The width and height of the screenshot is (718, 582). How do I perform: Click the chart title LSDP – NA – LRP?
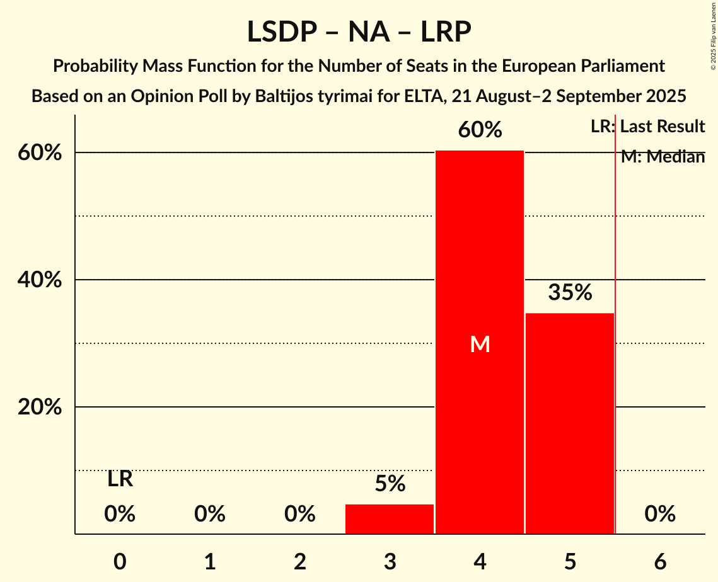[359, 31]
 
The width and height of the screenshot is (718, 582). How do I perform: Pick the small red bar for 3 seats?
[390, 519]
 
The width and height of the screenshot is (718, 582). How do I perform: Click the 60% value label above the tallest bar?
[480, 130]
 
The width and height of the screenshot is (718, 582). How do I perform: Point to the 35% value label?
[570, 292]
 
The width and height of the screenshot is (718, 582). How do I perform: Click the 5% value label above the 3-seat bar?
[390, 484]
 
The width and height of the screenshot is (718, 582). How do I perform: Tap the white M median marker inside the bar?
[480, 344]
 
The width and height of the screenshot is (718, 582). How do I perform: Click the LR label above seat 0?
[120, 479]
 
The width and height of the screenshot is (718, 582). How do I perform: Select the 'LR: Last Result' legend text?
[647, 127]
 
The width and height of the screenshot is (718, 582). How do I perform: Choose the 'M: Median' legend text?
[663, 157]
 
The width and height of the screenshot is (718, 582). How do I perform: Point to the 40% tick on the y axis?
[40, 280]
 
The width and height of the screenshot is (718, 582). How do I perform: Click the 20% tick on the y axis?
[40, 407]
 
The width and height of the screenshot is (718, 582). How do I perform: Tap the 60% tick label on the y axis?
[40, 153]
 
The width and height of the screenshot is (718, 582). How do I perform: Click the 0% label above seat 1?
[210, 515]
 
